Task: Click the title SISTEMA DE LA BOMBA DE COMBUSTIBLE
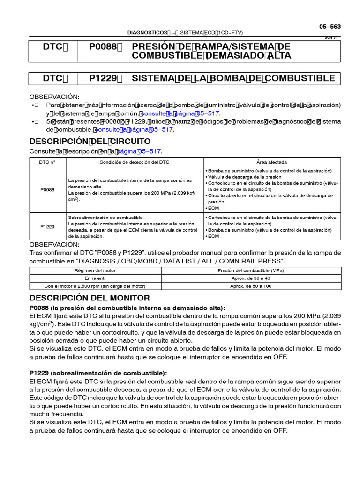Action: (x=233, y=78)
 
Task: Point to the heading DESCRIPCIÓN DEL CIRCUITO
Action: (x=90, y=141)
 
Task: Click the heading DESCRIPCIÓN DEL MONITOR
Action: (x=90, y=298)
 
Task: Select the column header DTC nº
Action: (x=47, y=162)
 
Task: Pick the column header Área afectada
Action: (x=272, y=162)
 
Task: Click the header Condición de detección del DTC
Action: (x=135, y=162)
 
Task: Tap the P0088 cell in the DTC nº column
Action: (x=47, y=189)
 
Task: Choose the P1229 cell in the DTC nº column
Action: (x=47, y=226)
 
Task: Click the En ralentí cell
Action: (x=95, y=278)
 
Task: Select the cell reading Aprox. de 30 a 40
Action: (x=251, y=278)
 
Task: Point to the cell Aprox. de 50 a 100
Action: (x=251, y=286)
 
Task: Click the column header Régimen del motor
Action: (x=95, y=270)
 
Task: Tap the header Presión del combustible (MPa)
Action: (x=251, y=270)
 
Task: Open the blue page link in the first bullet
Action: (x=179, y=113)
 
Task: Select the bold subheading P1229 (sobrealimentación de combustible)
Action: (x=98, y=373)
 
